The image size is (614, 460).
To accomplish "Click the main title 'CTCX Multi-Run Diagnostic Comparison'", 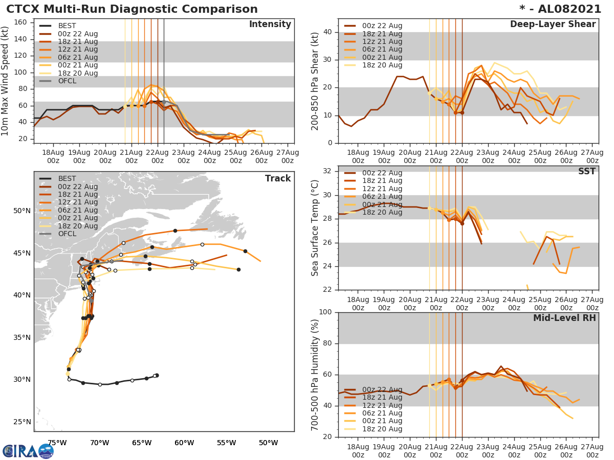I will pyautogui.click(x=132, y=9).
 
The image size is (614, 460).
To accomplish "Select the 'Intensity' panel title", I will pyautogui.click(x=270, y=25).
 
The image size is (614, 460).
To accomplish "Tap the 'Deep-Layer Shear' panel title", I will pyautogui.click(x=553, y=25).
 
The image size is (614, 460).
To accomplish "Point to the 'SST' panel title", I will pyautogui.click(x=587, y=171).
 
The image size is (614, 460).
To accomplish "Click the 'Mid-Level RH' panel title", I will pyautogui.click(x=564, y=318).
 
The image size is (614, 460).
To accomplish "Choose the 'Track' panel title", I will pyautogui.click(x=278, y=178).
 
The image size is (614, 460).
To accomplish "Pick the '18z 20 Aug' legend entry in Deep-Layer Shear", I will pyautogui.click(x=382, y=65).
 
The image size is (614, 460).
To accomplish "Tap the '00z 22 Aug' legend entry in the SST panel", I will pyautogui.click(x=382, y=173).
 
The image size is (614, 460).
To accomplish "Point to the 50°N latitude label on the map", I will pyautogui.click(x=21, y=211).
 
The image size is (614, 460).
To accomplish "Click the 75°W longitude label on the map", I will pyautogui.click(x=57, y=443).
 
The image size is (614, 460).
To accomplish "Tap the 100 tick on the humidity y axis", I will pyautogui.click(x=326, y=312).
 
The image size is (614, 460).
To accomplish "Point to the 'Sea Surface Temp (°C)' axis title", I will pyautogui.click(x=316, y=227).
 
